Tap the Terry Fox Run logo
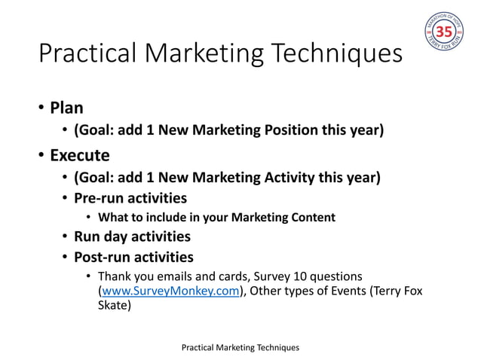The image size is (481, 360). click(443, 32)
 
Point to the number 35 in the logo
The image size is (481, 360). click(443, 32)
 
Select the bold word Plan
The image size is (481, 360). click(66, 108)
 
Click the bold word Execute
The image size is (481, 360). click(79, 156)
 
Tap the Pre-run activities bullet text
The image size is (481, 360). click(130, 198)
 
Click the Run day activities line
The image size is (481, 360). click(132, 237)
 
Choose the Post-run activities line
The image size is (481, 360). click(133, 258)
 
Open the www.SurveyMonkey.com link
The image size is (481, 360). click(170, 291)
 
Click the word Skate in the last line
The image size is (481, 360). click(115, 307)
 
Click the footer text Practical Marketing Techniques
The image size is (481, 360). click(240, 347)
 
